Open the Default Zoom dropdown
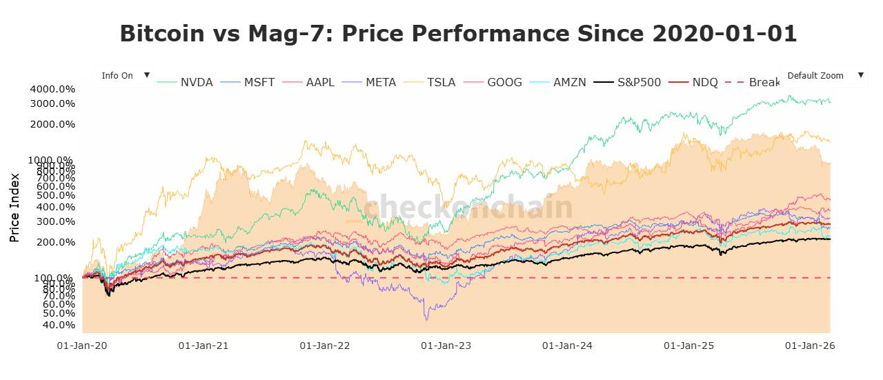click(823, 76)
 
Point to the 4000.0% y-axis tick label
click(52, 89)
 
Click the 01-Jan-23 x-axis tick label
click(446, 346)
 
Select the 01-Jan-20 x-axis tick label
click(82, 346)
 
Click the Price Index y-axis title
click(14, 207)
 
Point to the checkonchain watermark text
click(469, 207)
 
